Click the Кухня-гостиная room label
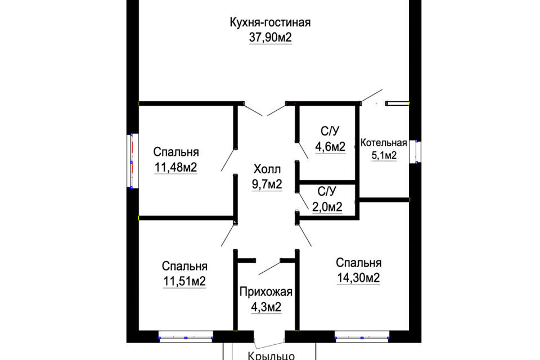[270, 23]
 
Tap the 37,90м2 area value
[270, 38]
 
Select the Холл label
[267, 169]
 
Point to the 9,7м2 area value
[267, 184]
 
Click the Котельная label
[384, 142]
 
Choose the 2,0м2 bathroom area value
[327, 207]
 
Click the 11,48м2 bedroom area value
[175, 167]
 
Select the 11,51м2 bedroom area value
[184, 281]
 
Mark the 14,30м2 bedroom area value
[358, 278]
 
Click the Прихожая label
[266, 292]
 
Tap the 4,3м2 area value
[266, 307]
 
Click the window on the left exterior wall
[131, 160]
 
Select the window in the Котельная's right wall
[417, 150]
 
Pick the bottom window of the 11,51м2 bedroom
[186, 338]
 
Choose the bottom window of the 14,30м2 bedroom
[362, 338]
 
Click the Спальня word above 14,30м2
[358, 263]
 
